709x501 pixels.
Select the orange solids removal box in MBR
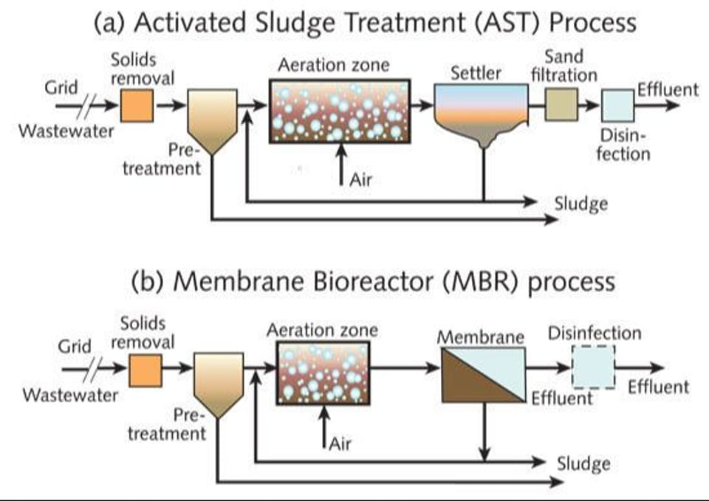click(x=145, y=369)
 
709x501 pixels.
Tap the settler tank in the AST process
click(x=482, y=111)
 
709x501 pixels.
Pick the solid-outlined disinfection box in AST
click(x=617, y=106)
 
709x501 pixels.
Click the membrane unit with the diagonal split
click(x=483, y=375)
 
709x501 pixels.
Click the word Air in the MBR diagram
click(x=340, y=444)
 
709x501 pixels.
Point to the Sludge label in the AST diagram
click(x=582, y=203)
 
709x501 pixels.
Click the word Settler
click(x=476, y=73)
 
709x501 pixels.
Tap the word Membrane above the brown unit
click(x=480, y=338)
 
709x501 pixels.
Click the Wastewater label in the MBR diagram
click(x=70, y=395)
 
